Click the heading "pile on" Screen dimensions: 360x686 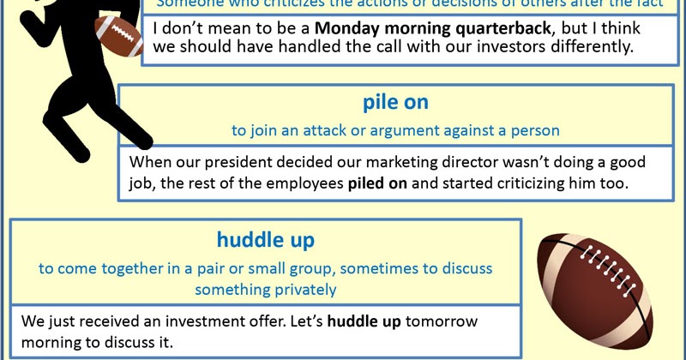[395, 104]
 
